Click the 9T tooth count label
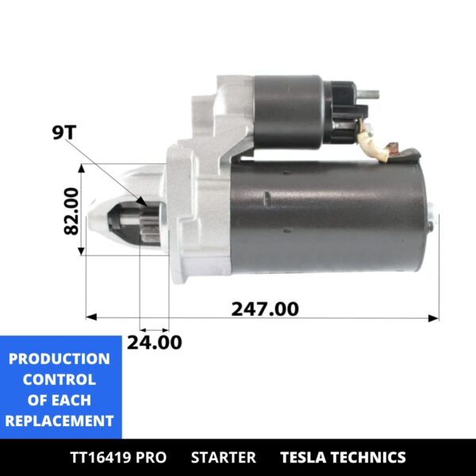(x=63, y=132)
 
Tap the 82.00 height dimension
(x=71, y=210)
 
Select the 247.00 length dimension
(x=265, y=308)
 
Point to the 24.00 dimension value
(x=154, y=342)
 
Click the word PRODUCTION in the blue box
(x=59, y=359)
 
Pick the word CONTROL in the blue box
(x=59, y=379)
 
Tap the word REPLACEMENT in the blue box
(x=59, y=420)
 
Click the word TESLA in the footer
(x=305, y=457)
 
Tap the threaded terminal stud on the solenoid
(x=370, y=94)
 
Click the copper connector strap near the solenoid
(x=389, y=148)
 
